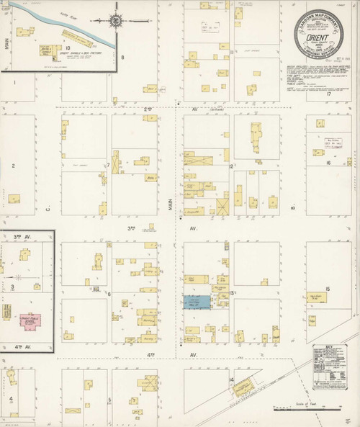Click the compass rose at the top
(115, 21)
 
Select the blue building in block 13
(197, 302)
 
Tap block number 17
(328, 94)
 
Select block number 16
(327, 163)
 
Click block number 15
(327, 289)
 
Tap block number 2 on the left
(13, 166)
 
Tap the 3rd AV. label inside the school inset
(17, 235)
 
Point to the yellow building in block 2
(14, 199)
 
